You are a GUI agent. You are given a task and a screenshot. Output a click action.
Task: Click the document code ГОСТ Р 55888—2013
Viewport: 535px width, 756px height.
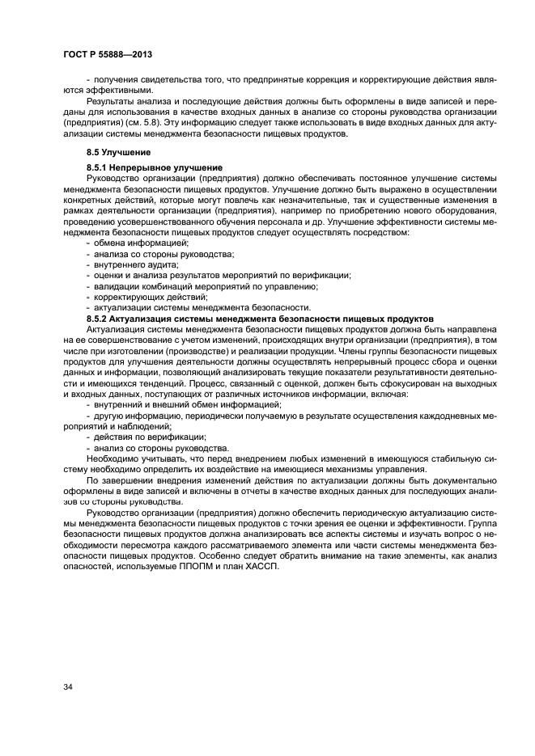[x=108, y=53]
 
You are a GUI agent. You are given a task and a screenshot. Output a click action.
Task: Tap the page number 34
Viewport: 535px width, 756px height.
[x=67, y=687]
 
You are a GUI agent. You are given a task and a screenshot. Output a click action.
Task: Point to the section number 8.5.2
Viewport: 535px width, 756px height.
[x=99, y=319]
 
